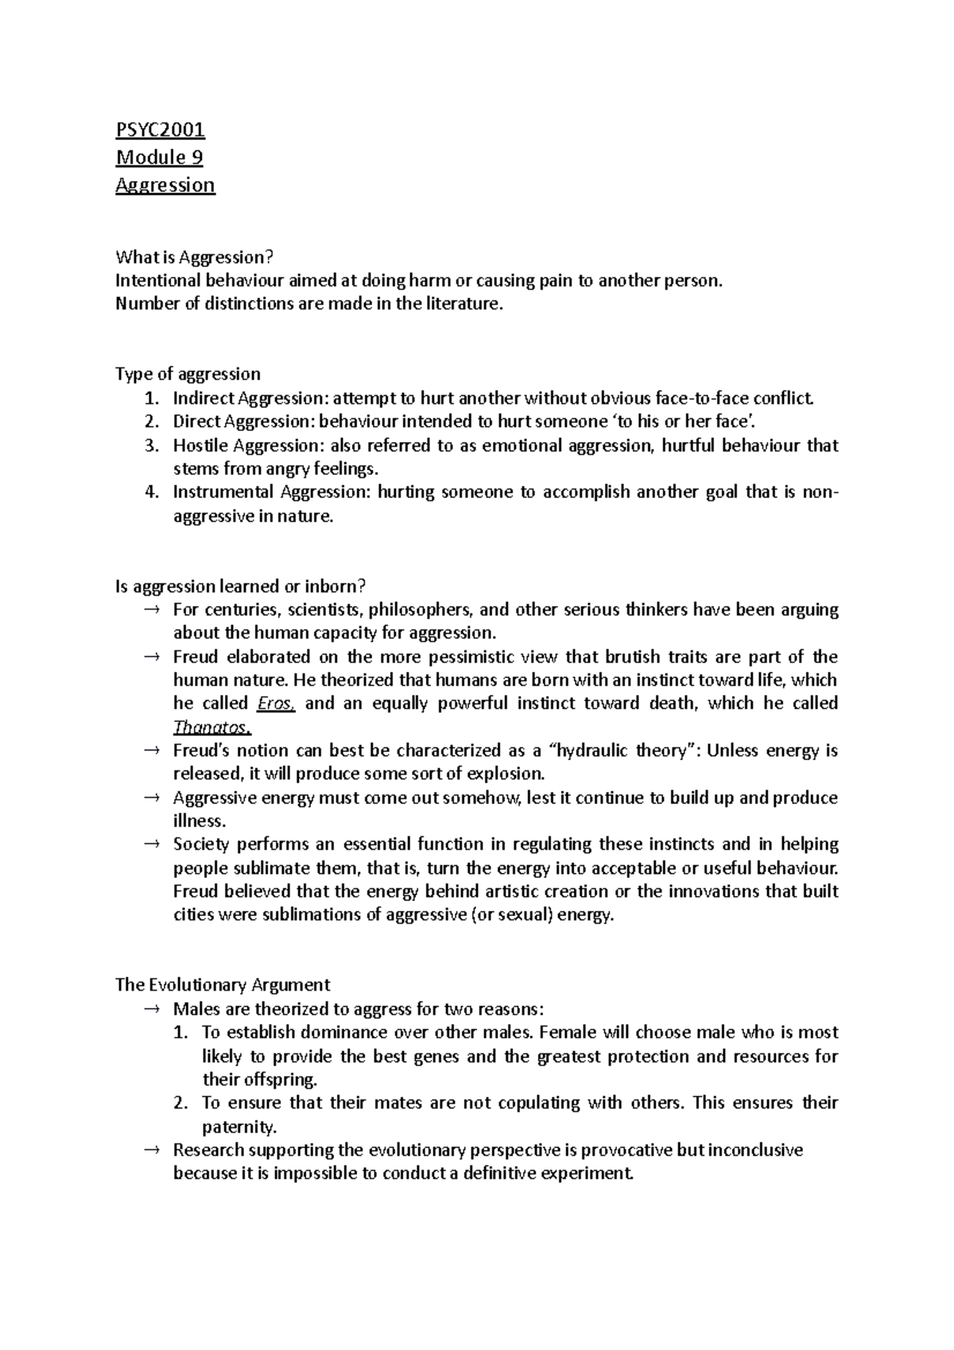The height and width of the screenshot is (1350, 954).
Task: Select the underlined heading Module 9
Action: point(159,157)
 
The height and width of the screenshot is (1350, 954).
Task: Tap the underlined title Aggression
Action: point(165,184)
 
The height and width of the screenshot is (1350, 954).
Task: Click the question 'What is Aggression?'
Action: point(194,257)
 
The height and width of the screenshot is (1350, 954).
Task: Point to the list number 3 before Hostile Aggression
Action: point(153,445)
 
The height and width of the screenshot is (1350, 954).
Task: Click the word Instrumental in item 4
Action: point(223,492)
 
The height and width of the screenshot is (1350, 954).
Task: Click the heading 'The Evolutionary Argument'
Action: point(223,984)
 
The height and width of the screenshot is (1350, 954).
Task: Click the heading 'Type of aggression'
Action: point(188,374)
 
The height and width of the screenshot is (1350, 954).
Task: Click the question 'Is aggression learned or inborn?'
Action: point(241,586)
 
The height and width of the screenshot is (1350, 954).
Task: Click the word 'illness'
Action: point(200,820)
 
